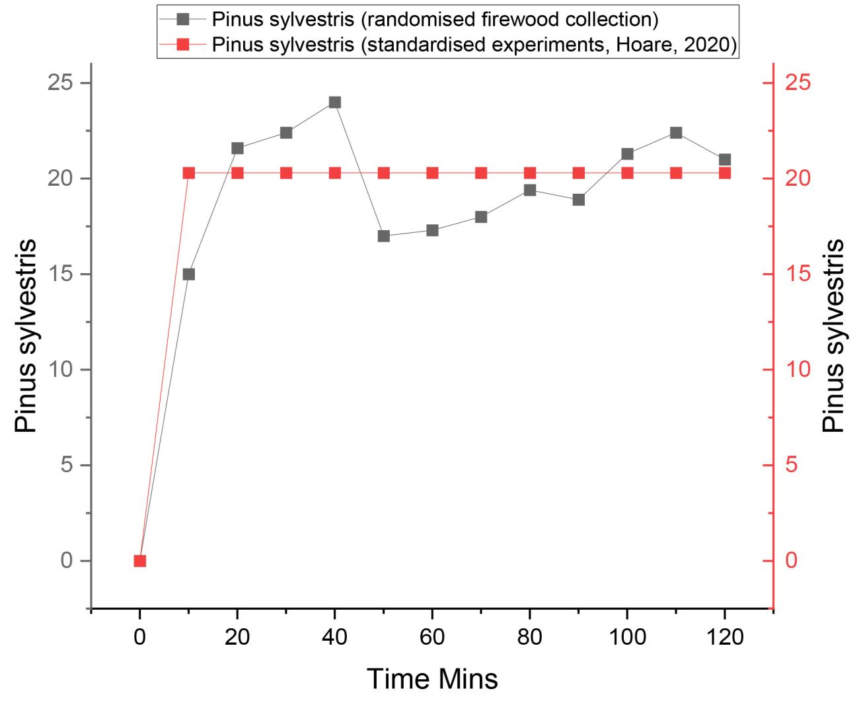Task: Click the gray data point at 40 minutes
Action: tap(335, 103)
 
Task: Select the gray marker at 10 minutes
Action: tap(189, 274)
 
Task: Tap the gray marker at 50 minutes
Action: tap(384, 236)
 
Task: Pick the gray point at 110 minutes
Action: tap(676, 133)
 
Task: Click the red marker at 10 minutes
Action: tap(189, 173)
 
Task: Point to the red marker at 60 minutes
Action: tap(433, 173)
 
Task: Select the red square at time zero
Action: tap(140, 561)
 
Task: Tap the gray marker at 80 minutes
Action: tap(530, 190)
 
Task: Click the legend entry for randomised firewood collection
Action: tap(435, 20)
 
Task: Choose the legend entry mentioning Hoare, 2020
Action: tap(474, 45)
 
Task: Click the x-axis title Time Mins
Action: tap(432, 679)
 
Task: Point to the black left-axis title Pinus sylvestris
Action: tap(26, 336)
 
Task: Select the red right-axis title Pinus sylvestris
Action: tap(834, 336)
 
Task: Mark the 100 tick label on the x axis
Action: tap(627, 638)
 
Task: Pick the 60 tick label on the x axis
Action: tap(433, 638)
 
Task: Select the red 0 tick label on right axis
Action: tap(791, 561)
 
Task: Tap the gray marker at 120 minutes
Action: tap(725, 160)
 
